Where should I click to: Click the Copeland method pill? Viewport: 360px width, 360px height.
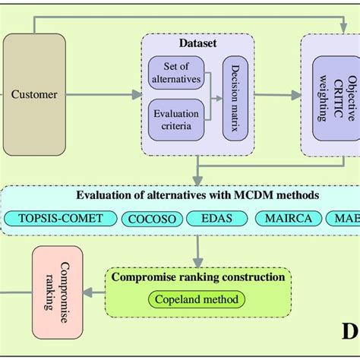click(197, 299)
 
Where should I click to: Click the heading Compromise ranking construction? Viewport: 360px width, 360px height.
click(197, 277)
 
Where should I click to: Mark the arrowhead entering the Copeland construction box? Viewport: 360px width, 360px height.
click(197, 260)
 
